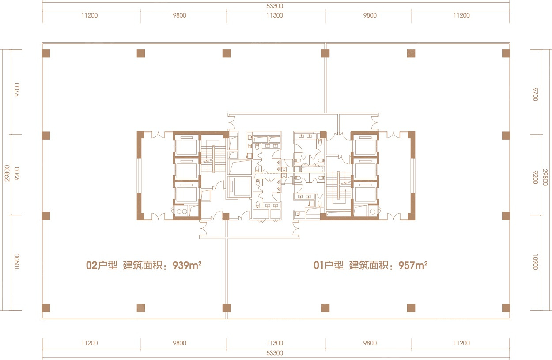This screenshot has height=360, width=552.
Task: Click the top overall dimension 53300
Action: [275, 6]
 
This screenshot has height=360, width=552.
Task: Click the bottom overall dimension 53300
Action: [275, 353]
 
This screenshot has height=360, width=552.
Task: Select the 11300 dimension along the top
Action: [275, 15]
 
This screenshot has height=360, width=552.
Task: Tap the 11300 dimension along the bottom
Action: [275, 343]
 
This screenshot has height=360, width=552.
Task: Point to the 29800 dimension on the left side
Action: [8, 173]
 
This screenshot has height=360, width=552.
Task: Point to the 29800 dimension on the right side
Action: [545, 177]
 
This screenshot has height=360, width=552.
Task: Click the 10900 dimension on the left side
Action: [17, 261]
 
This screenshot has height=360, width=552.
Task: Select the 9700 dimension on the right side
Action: [536, 94]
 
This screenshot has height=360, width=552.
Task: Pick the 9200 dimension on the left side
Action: [17, 174]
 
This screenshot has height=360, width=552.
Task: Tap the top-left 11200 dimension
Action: [90, 15]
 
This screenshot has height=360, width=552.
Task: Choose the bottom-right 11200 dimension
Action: [461, 343]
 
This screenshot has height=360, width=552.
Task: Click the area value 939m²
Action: [187, 265]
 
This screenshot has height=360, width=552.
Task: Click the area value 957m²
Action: [413, 265]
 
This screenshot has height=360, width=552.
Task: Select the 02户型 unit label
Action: [102, 265]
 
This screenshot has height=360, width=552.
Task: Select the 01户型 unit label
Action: [329, 265]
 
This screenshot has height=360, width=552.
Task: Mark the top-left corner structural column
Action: [46, 53]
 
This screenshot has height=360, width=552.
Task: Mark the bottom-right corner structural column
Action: [506, 308]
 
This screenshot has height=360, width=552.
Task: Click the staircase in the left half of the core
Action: [213, 159]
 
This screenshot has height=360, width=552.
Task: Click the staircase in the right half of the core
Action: [338, 185]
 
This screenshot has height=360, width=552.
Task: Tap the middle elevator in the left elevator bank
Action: [186, 169]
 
